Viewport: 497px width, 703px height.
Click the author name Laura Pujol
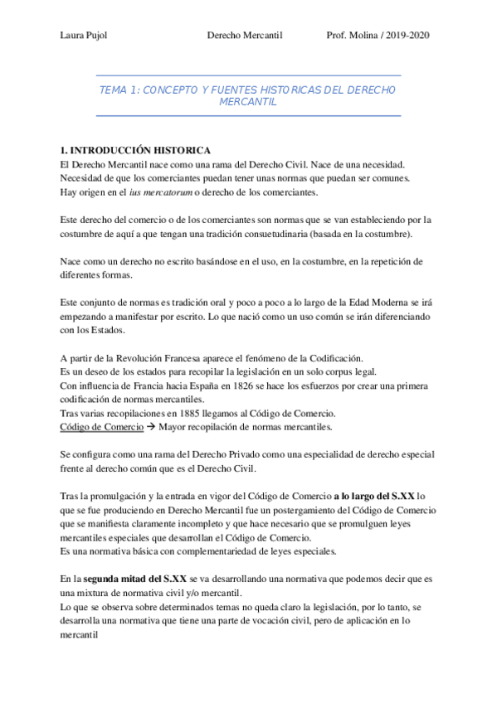point(85,36)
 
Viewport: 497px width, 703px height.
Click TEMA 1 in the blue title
point(119,90)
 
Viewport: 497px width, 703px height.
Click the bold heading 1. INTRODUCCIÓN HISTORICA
point(136,151)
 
